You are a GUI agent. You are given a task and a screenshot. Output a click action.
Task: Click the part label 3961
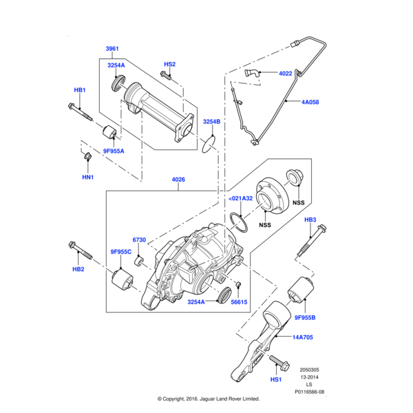pos(112,49)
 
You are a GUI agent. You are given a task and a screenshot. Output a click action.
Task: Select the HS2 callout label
pos(169,64)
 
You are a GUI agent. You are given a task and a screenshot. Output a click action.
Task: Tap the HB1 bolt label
pos(80,90)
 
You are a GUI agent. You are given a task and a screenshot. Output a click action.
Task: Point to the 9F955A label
pos(114,150)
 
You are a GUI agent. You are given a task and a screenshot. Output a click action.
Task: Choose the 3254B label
pos(211,122)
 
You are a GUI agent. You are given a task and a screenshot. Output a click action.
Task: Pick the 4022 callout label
pos(285,73)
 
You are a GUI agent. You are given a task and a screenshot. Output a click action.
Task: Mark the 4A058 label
pos(311,102)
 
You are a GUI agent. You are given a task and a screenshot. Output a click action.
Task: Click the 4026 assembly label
pos(179,181)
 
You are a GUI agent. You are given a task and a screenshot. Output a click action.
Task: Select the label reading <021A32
pos(240,198)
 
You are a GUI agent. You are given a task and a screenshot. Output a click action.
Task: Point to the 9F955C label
pos(120,252)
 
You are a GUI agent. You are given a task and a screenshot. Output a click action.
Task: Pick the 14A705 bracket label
pos(303,338)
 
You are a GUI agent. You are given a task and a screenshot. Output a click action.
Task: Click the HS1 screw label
pos(276,380)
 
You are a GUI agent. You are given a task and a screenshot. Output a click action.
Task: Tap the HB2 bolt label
pos(78,269)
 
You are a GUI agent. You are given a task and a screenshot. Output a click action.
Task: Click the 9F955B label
pos(304,317)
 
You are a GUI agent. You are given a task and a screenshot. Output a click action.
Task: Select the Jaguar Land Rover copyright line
pos(208,399)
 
